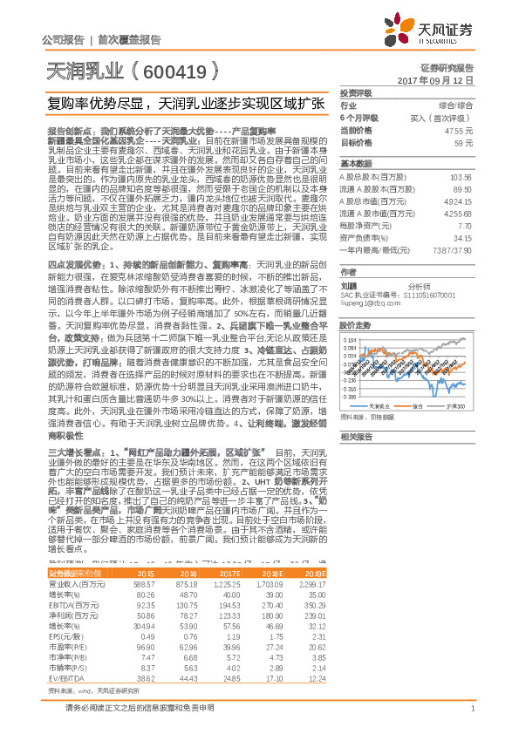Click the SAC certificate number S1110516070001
[411, 295]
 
